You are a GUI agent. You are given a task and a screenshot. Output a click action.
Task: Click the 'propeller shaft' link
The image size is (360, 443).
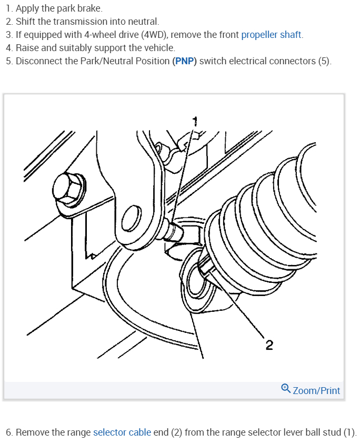click(272, 35)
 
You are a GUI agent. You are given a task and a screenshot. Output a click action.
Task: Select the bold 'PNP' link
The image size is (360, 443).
click(185, 61)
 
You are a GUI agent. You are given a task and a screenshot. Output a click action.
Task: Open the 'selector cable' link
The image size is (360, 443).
click(122, 432)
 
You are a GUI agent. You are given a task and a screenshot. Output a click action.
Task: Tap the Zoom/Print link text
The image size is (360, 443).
click(316, 390)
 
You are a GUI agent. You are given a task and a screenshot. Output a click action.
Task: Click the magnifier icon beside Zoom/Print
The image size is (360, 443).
click(285, 389)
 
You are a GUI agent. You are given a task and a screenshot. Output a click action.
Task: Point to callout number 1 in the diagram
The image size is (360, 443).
click(194, 120)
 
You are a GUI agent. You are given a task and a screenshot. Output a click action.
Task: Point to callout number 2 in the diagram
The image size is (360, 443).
click(269, 346)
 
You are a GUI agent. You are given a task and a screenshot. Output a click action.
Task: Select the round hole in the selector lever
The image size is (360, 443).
click(133, 217)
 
